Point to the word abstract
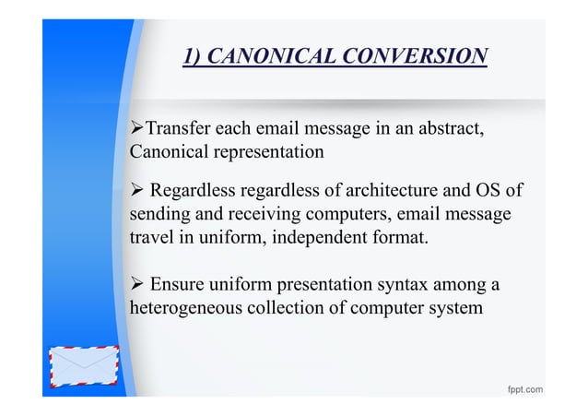pyautogui.click(x=446, y=127)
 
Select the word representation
pyautogui.click(x=265, y=150)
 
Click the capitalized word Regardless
pyautogui.click(x=192, y=192)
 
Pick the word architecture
pyautogui.click(x=396, y=192)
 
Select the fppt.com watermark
pyautogui.click(x=523, y=389)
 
